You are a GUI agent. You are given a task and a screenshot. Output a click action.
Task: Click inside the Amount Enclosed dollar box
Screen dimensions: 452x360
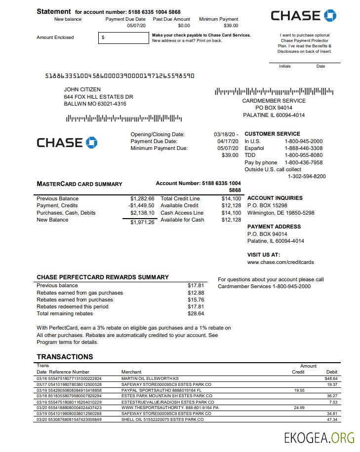point(123,38)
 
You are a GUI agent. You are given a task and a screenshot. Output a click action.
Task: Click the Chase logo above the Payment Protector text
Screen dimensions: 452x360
point(303,16)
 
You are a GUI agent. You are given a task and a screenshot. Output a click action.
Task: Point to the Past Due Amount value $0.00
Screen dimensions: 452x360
point(184,26)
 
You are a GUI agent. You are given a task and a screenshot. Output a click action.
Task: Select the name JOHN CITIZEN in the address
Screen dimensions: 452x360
point(82,90)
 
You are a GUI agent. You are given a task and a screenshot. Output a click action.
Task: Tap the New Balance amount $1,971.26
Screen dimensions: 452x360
point(142,222)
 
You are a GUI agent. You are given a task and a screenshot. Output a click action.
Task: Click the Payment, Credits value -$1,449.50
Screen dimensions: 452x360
point(141,206)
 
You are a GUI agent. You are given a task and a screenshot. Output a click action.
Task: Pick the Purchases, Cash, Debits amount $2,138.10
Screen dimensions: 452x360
point(142,213)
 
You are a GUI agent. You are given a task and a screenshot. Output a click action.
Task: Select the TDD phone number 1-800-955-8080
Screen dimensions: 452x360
point(303,155)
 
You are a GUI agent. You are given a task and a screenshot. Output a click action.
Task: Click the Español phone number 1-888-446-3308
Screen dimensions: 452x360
point(303,148)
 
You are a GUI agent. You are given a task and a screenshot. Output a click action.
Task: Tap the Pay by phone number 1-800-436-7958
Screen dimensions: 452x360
point(303,163)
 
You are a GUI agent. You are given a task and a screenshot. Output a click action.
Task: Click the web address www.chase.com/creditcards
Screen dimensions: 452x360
point(280,263)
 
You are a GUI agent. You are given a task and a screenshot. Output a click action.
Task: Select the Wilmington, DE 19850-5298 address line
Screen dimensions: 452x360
point(280,213)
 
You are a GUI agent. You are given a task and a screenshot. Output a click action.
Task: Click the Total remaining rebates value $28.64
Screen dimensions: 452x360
point(196,314)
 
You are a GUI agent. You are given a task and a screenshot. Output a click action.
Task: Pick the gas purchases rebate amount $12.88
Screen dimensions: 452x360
point(196,293)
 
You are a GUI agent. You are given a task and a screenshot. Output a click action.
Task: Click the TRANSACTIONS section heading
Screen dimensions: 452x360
point(65,357)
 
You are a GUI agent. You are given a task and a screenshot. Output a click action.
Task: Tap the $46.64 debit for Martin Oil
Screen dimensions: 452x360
point(331,378)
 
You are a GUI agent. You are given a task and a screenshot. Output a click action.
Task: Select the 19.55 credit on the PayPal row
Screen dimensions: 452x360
point(299,390)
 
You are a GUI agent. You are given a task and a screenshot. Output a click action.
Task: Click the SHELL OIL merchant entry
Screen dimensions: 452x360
point(162,419)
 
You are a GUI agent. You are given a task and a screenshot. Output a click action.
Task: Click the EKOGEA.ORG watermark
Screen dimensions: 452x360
point(319,438)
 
